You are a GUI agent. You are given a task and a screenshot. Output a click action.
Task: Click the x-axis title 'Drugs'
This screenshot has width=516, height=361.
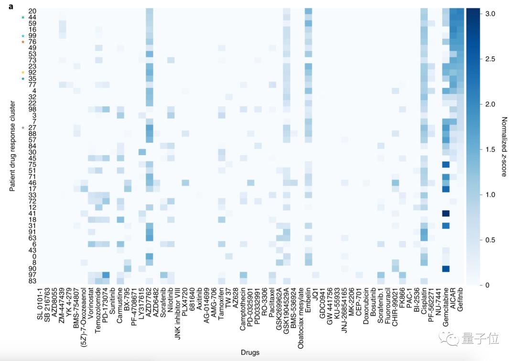tap(250, 353)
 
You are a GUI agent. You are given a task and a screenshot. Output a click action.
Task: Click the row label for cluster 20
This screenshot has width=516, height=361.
tap(32, 11)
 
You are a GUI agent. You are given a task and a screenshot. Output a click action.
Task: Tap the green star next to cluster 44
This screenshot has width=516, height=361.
tap(22, 18)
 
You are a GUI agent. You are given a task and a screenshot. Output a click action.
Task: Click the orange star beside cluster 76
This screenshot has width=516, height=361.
tap(22, 42)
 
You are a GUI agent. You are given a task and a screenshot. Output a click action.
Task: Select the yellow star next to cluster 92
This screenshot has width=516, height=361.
tap(22, 73)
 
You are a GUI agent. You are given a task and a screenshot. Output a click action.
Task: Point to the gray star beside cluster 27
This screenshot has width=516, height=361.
tap(22, 127)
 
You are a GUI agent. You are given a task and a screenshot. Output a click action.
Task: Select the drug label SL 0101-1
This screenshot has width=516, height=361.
tap(39, 308)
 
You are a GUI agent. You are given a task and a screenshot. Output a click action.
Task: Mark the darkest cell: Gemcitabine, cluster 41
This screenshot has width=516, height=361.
tap(446, 213)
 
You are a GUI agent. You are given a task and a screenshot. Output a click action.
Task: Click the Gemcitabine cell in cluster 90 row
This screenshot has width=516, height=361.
tap(446, 268)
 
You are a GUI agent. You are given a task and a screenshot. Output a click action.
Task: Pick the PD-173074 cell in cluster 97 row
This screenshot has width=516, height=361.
tap(106, 275)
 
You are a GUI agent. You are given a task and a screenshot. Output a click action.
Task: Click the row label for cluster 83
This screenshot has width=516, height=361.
tap(32, 281)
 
